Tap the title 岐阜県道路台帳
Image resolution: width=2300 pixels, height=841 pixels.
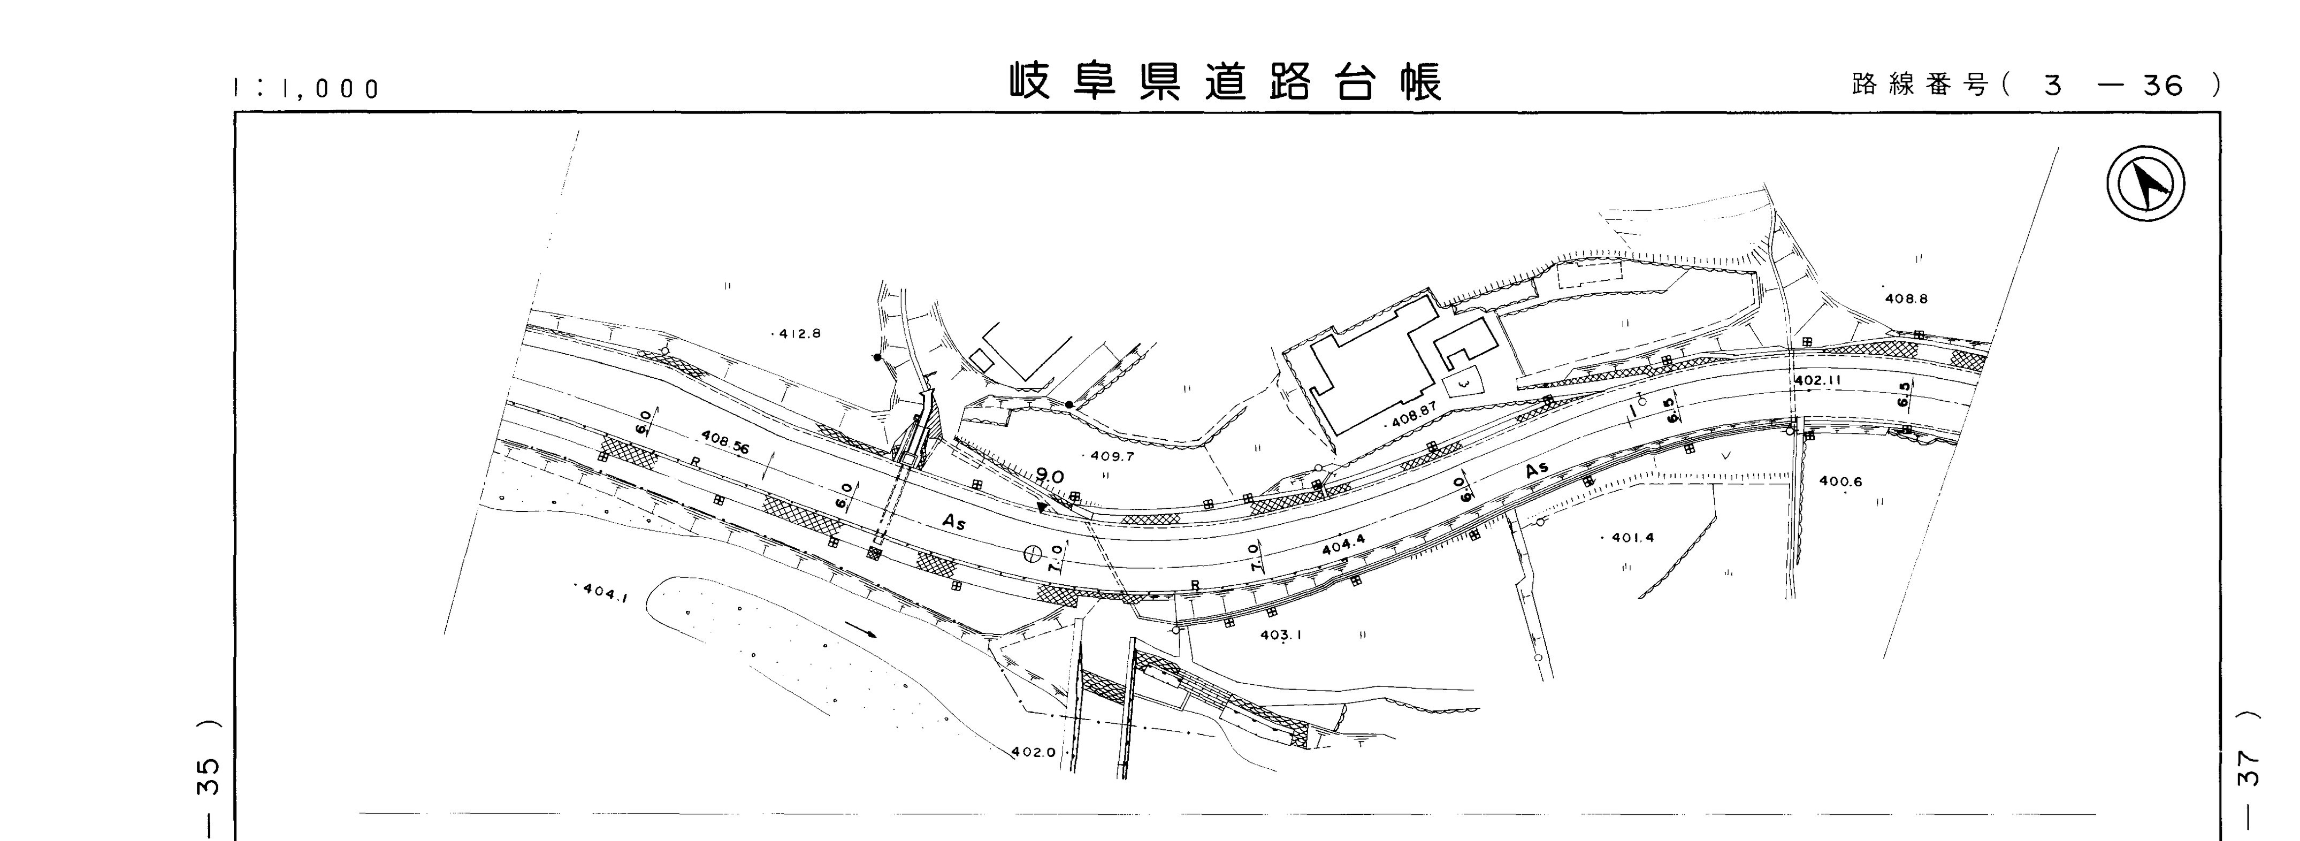[1226, 83]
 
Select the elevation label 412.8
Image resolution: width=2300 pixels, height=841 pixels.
[799, 334]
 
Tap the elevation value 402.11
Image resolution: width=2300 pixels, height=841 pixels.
[1818, 380]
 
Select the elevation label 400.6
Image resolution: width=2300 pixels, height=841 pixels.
[1840, 482]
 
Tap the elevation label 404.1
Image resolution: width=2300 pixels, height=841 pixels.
[605, 592]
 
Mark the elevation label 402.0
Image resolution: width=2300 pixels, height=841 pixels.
[1034, 752]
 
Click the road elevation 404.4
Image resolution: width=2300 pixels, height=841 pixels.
[1343, 546]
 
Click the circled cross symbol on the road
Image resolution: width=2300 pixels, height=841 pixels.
[1032, 554]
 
